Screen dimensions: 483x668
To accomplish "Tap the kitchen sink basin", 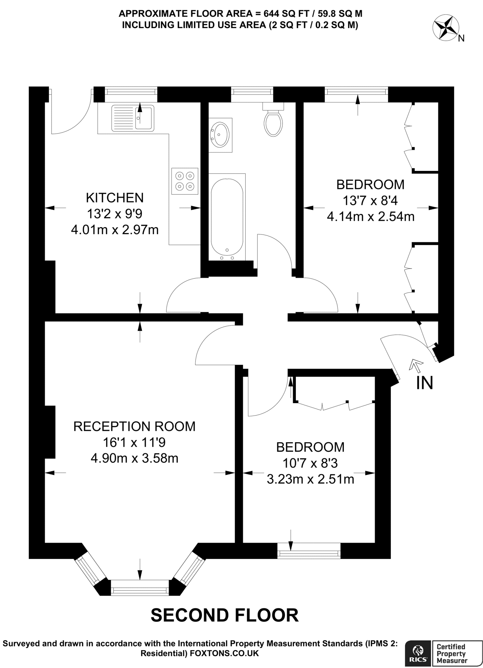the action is click(x=144, y=118).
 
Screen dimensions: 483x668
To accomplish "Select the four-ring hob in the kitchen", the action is click(x=185, y=181).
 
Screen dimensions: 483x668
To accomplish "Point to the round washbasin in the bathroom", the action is click(x=221, y=134).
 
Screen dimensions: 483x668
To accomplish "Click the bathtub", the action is click(x=227, y=216).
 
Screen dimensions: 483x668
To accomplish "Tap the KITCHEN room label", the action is click(x=115, y=198).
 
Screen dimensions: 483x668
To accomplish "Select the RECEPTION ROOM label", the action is click(x=135, y=426).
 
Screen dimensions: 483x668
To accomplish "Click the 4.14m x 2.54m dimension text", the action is click(x=371, y=217).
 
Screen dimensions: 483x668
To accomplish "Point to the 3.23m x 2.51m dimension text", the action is click(x=311, y=479).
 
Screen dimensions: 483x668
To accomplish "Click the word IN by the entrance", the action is click(x=425, y=383).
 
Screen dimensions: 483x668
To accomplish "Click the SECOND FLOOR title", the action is click(x=225, y=615).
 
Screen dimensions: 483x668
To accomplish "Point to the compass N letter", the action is click(x=461, y=38).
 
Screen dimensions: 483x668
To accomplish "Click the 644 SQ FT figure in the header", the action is click(x=275, y=14).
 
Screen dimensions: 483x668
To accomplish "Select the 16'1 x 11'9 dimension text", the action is click(x=135, y=442).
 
